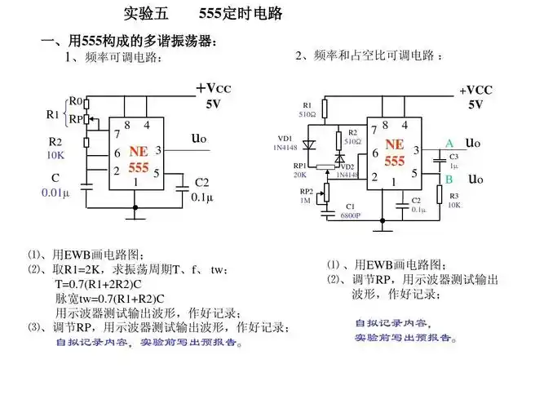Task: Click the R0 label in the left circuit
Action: coord(75,101)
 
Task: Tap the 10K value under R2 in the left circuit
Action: coord(55,154)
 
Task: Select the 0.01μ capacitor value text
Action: coord(55,193)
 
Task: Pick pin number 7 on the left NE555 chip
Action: coord(117,133)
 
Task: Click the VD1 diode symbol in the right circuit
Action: coord(307,144)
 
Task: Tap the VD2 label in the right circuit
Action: coord(347,166)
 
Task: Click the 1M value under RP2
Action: coord(305,200)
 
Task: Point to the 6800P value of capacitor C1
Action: coord(351,215)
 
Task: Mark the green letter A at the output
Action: coord(449,144)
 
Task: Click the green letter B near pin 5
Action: coord(449,179)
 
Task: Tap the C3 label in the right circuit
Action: coord(454,156)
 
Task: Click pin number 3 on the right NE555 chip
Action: coord(416,150)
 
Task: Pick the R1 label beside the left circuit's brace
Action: coord(52,114)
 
